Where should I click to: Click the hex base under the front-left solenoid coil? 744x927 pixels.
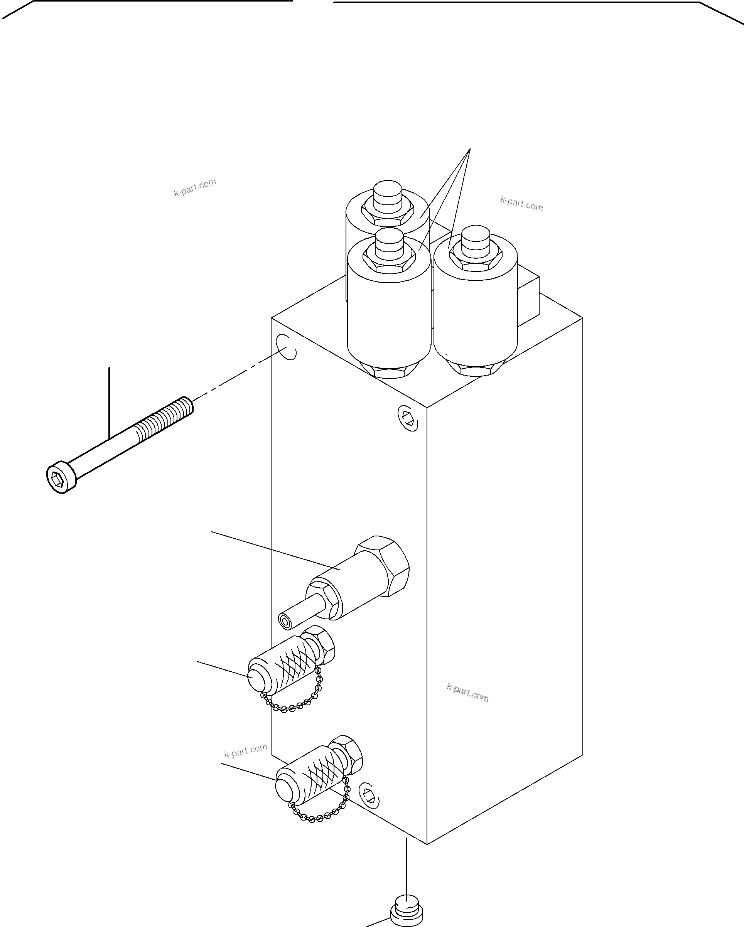[389, 371]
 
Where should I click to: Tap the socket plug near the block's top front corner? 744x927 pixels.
[408, 418]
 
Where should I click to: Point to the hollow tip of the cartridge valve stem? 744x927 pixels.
[285, 621]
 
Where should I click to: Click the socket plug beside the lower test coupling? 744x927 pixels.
[369, 795]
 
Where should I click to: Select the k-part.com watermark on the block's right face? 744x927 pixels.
[467, 693]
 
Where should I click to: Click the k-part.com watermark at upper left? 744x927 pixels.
[194, 187]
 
